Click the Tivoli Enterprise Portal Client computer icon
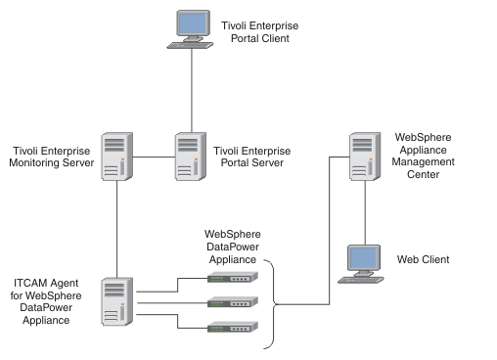pyautogui.click(x=190, y=29)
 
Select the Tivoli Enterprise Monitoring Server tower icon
pyautogui.click(x=116, y=157)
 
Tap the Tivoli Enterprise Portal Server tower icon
pyautogui.click(x=189, y=157)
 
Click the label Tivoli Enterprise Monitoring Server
pyautogui.click(x=54, y=157)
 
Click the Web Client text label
pyautogui.click(x=423, y=259)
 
